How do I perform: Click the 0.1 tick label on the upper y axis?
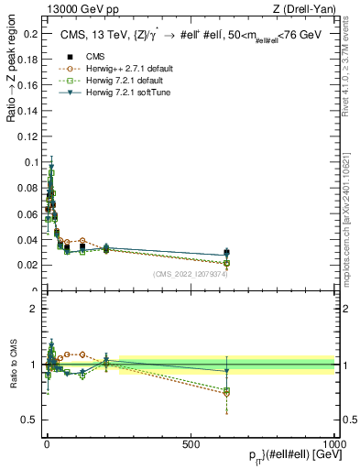30,162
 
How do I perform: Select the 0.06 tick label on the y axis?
27,213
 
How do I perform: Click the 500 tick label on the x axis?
191,442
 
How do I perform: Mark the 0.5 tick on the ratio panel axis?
30,420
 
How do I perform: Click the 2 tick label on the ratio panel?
34,309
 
